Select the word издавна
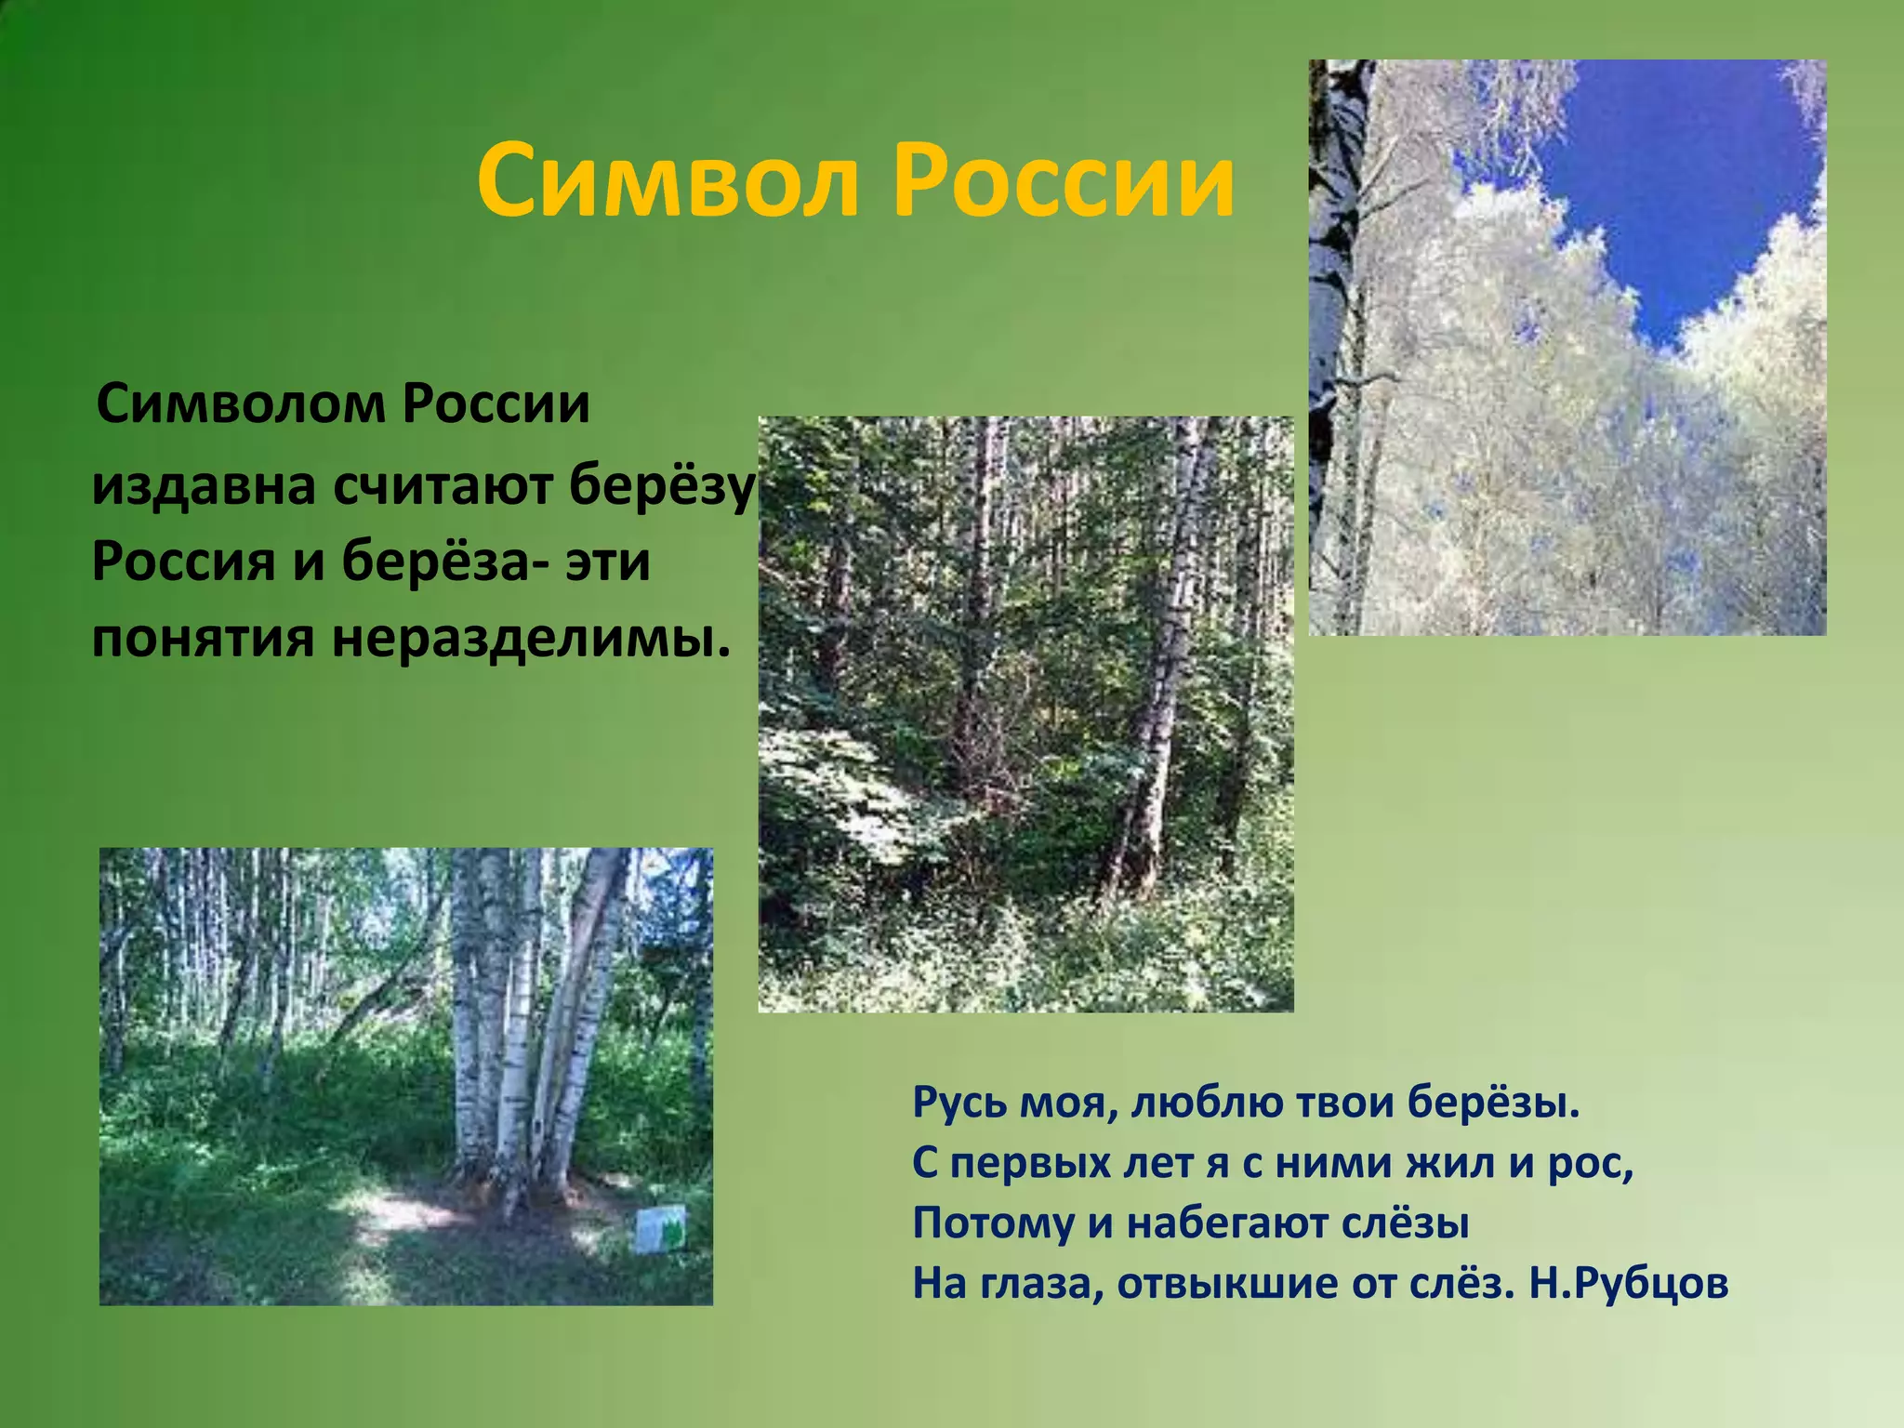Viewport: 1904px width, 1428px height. point(204,486)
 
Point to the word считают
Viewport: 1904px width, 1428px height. point(443,486)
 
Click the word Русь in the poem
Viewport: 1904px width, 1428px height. point(957,1104)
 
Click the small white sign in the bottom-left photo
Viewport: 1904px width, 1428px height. point(661,1230)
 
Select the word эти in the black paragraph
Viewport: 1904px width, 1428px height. point(608,563)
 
